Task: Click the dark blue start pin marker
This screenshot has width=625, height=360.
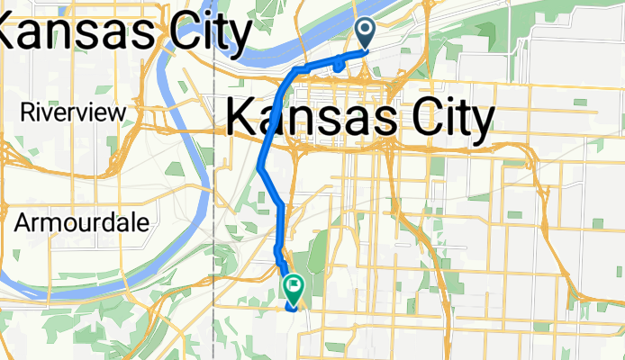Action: (x=367, y=33)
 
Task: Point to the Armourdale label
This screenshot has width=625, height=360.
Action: (x=82, y=222)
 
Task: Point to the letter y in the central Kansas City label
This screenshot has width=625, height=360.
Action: (x=485, y=121)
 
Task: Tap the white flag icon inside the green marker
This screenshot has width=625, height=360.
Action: (x=294, y=285)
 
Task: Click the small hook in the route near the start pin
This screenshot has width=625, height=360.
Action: (x=337, y=65)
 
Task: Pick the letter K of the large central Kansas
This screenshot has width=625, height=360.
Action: (x=241, y=117)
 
